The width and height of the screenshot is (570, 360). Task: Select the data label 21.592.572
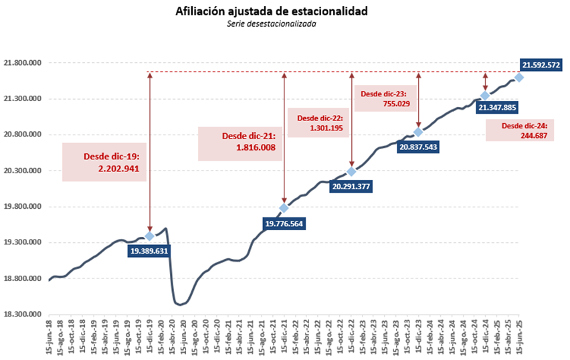point(541,65)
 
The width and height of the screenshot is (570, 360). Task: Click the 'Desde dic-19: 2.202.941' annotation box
point(104,162)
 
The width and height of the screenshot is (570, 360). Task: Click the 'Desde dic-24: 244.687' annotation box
point(524,130)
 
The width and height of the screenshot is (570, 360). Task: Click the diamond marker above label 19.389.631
point(149,236)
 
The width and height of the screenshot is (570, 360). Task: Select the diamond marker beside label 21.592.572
point(519,78)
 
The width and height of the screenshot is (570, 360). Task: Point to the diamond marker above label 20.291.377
point(351,172)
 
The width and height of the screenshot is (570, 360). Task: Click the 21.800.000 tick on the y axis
point(22,63)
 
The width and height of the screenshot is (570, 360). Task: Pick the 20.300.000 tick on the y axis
point(22,171)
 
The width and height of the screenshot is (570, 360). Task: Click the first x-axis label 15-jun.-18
point(51,339)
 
